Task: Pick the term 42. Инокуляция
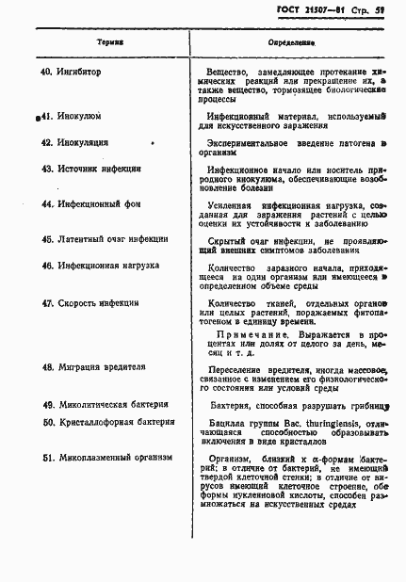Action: coord(78,143)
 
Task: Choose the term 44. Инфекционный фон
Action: coord(90,203)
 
